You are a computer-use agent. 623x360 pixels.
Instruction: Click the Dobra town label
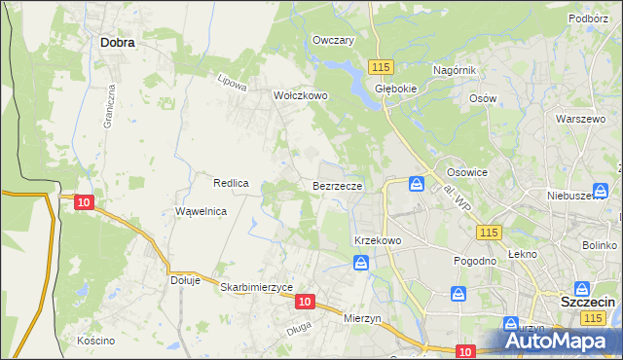[x=117, y=43]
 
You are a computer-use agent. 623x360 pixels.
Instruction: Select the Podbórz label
[x=589, y=18]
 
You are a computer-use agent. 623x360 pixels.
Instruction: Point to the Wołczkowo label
[x=300, y=96]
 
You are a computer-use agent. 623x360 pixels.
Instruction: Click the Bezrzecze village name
[x=338, y=185]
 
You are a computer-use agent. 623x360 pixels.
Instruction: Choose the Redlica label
[x=232, y=183]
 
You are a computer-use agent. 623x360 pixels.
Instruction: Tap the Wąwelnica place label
[x=201, y=211]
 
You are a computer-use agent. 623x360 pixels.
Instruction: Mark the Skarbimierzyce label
[x=257, y=288]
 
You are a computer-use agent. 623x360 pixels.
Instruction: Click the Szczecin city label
[x=588, y=303]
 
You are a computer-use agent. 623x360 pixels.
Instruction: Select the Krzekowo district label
[x=378, y=239]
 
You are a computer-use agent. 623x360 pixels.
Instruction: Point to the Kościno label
[x=96, y=341]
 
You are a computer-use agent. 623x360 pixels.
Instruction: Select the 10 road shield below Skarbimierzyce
[x=306, y=303]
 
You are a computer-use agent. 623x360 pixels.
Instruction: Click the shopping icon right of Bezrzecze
[x=417, y=183]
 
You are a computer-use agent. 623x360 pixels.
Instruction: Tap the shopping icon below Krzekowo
[x=361, y=263]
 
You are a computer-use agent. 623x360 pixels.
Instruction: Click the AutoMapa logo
[x=562, y=341]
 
